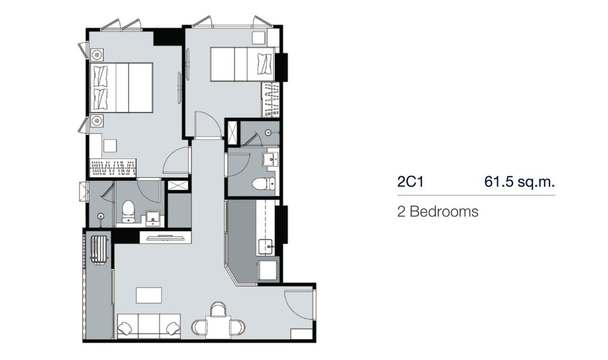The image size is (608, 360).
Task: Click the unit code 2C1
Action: pyautogui.click(x=410, y=181)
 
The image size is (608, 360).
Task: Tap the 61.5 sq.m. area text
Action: pyautogui.click(x=520, y=181)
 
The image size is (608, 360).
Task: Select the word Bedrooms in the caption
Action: pyautogui.click(x=444, y=211)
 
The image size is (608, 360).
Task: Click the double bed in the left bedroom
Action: pyautogui.click(x=122, y=88)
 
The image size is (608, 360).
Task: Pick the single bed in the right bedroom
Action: pyautogui.click(x=242, y=64)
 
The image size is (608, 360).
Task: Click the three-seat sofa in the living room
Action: pyautogui.click(x=149, y=325)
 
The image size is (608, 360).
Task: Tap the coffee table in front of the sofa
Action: pyautogui.click(x=149, y=295)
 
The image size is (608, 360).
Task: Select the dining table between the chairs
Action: pyautogui.click(x=218, y=327)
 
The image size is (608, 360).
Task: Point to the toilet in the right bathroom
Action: pyautogui.click(x=263, y=184)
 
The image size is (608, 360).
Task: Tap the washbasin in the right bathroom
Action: pyautogui.click(x=270, y=159)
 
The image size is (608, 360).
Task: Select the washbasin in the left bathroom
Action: pyautogui.click(x=154, y=219)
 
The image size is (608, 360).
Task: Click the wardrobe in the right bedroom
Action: pyautogui.click(x=271, y=99)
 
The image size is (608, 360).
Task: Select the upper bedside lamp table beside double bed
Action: pyautogui.click(x=97, y=56)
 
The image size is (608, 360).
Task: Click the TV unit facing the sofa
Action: pyautogui.click(x=166, y=237)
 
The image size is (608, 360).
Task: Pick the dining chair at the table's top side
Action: pyautogui.click(x=218, y=309)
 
